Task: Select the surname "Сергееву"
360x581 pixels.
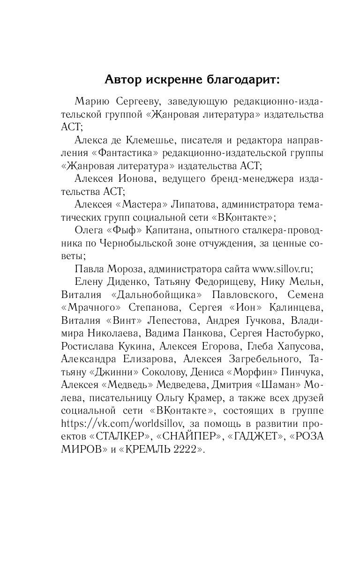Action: (135, 102)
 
